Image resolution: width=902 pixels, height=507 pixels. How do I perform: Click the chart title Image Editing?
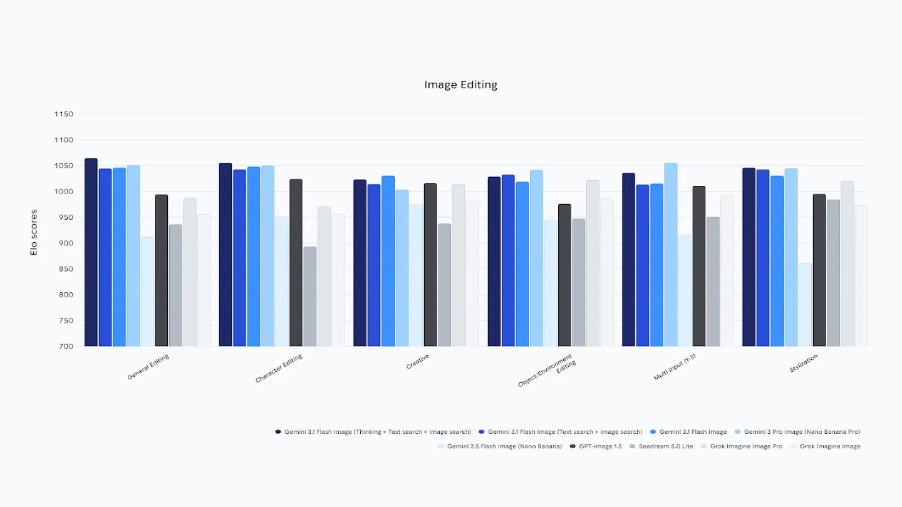point(460,84)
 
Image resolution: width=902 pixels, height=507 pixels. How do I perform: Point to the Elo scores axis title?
point(34,232)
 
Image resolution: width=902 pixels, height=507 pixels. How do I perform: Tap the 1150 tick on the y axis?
point(64,114)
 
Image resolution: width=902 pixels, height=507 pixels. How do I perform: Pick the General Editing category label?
point(148,367)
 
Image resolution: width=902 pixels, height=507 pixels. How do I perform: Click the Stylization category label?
point(804,364)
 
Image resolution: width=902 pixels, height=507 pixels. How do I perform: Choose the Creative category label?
point(418,362)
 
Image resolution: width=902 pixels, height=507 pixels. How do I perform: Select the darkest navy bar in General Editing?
point(91,252)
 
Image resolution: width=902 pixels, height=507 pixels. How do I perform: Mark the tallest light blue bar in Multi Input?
point(671,255)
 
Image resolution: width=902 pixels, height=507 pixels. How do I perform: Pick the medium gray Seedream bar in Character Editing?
point(310,296)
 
